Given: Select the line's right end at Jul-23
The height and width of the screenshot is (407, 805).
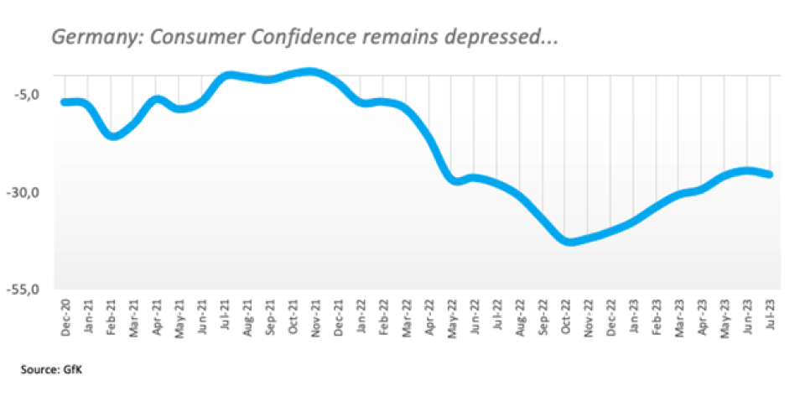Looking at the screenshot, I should (x=770, y=175).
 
